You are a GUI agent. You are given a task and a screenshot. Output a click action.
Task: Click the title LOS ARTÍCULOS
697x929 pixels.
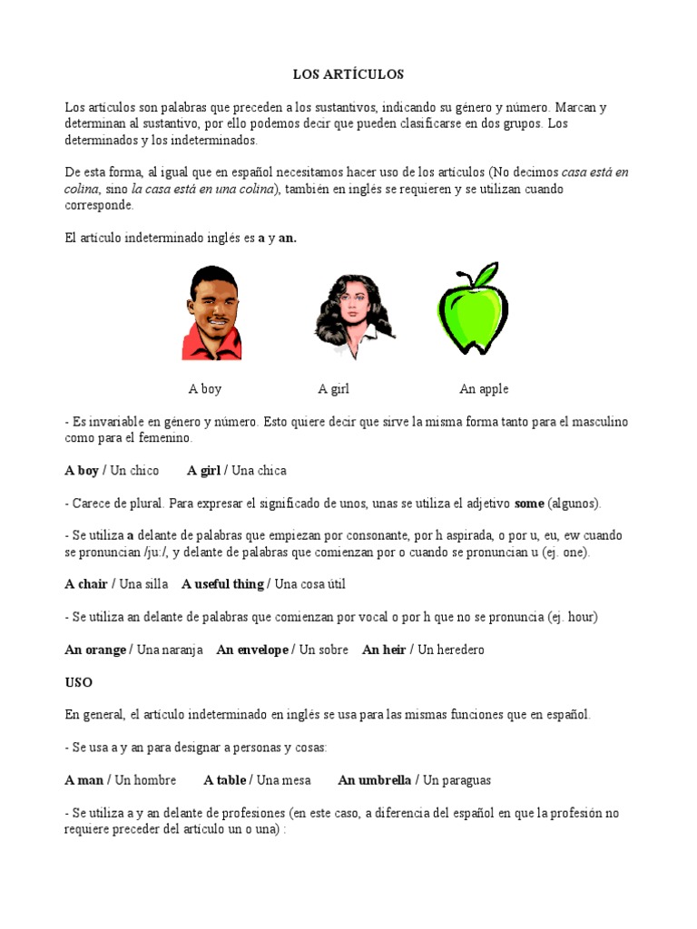point(348,73)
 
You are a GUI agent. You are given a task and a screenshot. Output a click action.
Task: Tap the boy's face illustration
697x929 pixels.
point(212,303)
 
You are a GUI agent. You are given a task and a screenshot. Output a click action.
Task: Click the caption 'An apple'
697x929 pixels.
point(484,389)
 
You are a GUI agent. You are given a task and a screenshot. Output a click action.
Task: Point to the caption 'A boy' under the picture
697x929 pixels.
point(205,389)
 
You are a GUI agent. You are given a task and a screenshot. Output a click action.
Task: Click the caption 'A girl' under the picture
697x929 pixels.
point(333,389)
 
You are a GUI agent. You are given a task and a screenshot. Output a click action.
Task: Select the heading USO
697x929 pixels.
point(78,682)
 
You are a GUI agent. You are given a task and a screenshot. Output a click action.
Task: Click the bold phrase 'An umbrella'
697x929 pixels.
point(375,780)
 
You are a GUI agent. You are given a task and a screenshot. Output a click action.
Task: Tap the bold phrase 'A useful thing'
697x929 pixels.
point(222,584)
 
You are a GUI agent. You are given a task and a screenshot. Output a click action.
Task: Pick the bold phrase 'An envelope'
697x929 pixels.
point(252,650)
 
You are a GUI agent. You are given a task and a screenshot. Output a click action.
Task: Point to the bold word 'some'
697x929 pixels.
point(529,503)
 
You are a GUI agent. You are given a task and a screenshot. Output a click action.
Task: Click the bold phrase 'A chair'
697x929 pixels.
point(86,584)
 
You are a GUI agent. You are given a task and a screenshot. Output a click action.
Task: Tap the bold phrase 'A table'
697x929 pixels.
point(227,780)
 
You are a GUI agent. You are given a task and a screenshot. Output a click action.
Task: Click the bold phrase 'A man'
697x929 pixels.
point(84,780)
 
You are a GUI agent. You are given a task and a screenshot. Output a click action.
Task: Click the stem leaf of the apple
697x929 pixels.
point(485,273)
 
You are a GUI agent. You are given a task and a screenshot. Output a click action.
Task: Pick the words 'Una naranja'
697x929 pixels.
point(170,650)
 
